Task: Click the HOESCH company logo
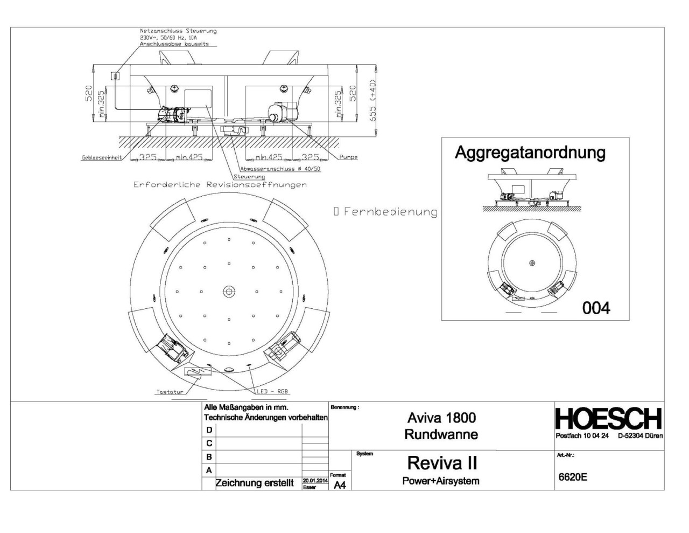[x=608, y=419]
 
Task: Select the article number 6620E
[x=572, y=477]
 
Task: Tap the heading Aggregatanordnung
[x=530, y=153]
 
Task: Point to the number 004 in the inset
[x=596, y=308]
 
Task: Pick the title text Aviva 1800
[x=441, y=418]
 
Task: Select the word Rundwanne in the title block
[x=441, y=434]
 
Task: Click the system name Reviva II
[x=441, y=463]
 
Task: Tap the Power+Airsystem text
[x=441, y=481]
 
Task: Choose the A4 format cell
[x=340, y=485]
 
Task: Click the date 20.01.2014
[x=315, y=480]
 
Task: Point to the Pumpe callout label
[x=348, y=157]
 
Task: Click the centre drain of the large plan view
[x=229, y=292]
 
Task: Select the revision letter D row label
[x=209, y=430]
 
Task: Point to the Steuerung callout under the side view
[x=249, y=177]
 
